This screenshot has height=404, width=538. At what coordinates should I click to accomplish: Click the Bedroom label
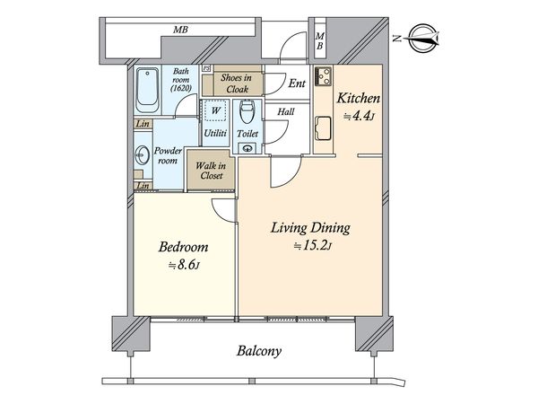pos(183,247)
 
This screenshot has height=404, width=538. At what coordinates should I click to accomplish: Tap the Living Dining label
pos(310,228)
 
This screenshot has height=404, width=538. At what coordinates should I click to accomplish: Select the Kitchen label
pos(358,98)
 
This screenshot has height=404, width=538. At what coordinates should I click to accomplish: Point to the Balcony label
pos(259,351)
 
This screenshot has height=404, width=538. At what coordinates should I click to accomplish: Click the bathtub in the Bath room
pos(148,90)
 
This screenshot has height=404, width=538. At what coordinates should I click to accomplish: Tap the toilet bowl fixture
pos(247,111)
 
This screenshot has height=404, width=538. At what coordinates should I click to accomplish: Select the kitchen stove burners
pos(323,76)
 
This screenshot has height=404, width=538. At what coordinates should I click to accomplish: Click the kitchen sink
pos(323,128)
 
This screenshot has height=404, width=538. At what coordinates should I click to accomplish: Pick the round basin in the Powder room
pos(142,155)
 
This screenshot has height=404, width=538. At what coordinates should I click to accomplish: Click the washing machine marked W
pos(215,110)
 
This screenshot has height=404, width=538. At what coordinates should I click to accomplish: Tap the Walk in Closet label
pos(211,171)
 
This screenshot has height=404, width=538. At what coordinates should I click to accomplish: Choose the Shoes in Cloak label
pos(236,83)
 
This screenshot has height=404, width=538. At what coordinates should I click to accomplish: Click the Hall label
pos(286,112)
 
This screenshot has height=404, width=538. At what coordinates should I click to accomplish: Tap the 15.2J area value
pos(313,246)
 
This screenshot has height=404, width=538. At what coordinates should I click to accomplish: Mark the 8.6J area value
pos(184,265)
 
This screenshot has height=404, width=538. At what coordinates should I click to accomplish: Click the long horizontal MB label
pos(180,30)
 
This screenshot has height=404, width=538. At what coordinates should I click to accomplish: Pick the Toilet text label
pos(247,133)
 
